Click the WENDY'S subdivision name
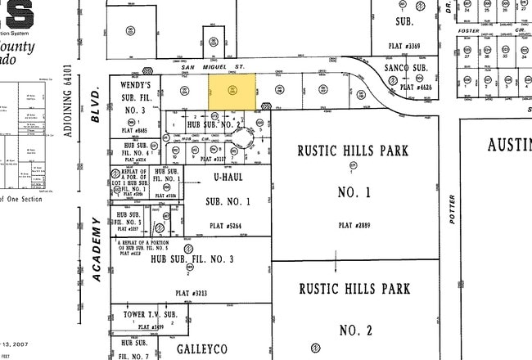pyautogui.click(x=135, y=85)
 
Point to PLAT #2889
pyautogui.click(x=353, y=224)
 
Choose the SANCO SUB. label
pyautogui.click(x=408, y=69)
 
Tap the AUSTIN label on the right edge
pyautogui.click(x=509, y=145)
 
